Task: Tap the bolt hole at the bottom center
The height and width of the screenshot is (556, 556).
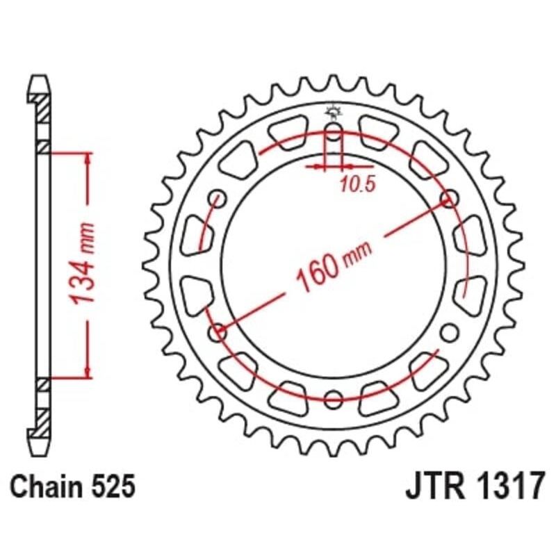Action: [334, 399]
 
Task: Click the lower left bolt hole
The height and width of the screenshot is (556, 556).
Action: [219, 332]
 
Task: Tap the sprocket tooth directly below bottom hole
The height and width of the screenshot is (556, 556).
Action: [334, 449]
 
